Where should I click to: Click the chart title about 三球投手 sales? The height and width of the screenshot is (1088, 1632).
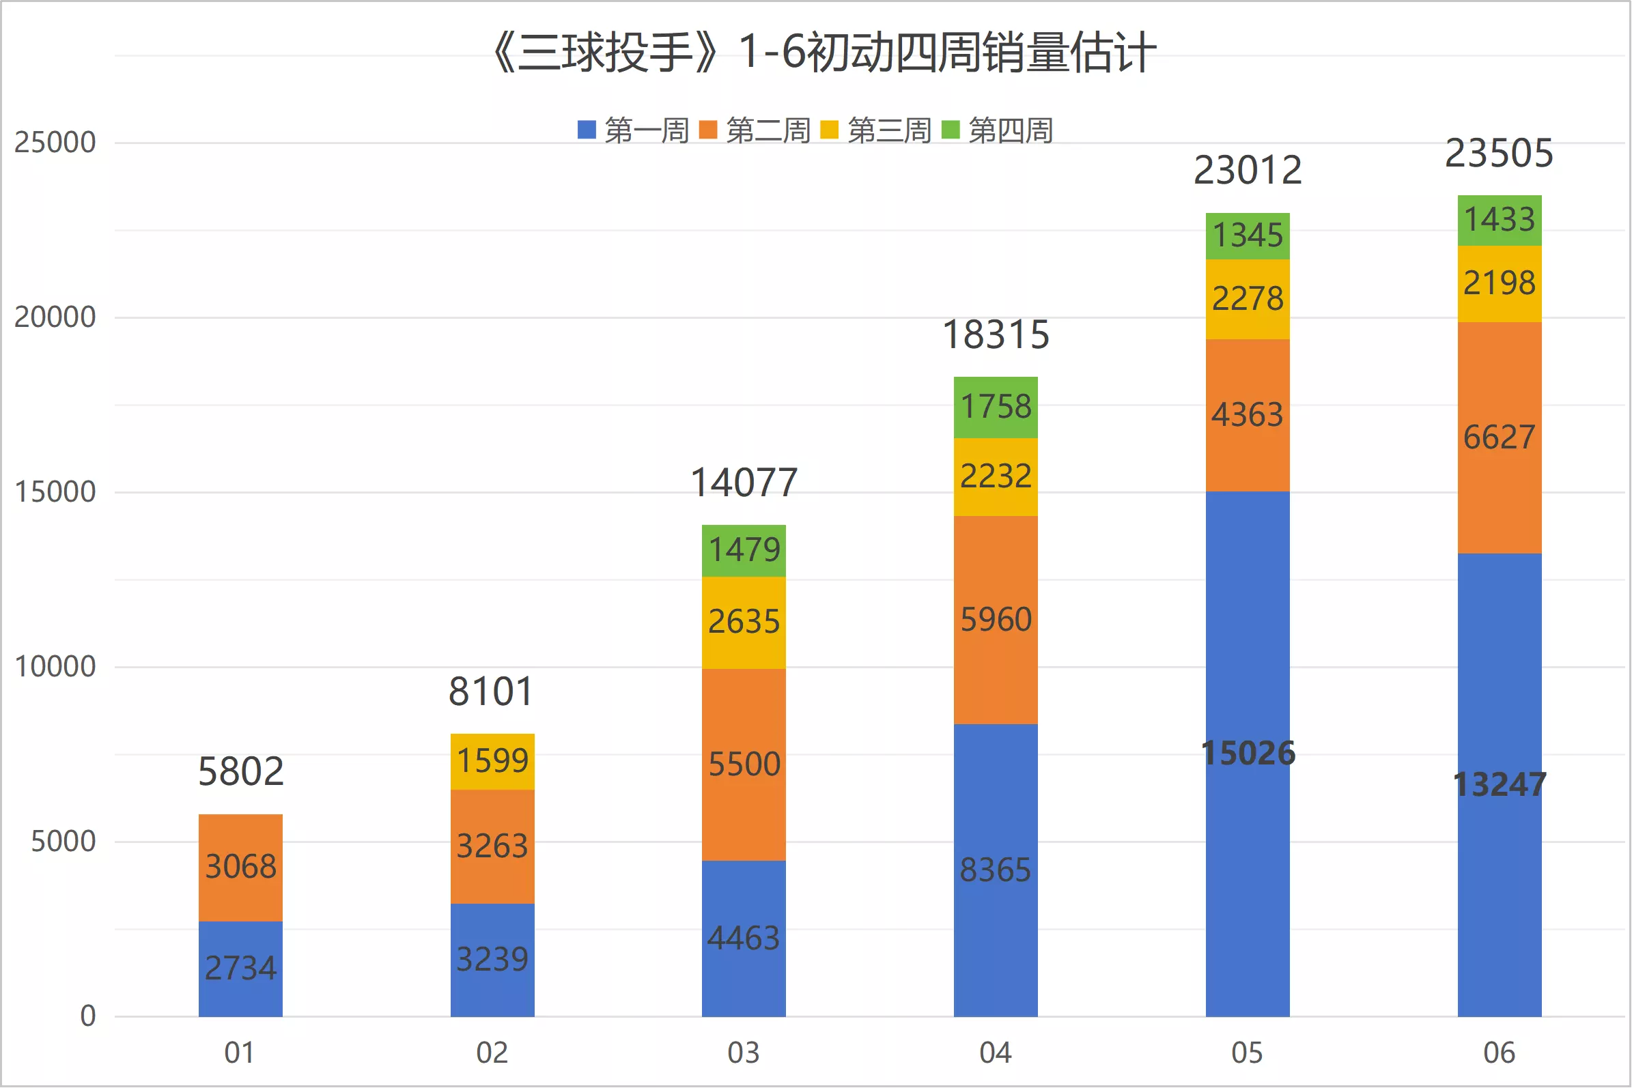click(824, 53)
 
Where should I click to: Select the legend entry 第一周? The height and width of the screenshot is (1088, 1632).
click(633, 130)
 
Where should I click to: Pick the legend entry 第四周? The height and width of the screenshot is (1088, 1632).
click(998, 130)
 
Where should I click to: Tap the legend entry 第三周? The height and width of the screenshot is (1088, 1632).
click(876, 130)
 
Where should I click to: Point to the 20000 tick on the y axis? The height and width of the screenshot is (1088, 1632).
click(55, 317)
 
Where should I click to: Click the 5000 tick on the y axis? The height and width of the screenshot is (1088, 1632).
click(64, 842)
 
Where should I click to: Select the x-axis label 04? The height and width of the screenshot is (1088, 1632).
click(996, 1053)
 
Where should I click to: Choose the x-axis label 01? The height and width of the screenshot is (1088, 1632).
click(240, 1053)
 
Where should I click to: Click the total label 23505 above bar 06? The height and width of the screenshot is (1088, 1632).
click(1500, 153)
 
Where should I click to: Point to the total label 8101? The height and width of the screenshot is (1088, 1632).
click(492, 691)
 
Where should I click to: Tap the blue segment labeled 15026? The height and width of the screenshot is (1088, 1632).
click(1248, 754)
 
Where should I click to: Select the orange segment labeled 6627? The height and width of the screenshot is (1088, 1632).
click(1500, 438)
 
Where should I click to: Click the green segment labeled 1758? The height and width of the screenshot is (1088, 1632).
click(996, 407)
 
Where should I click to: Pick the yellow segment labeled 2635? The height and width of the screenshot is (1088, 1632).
click(744, 622)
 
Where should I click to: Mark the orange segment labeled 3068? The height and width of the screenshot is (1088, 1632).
click(240, 868)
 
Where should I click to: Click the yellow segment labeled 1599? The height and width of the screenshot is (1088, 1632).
click(492, 762)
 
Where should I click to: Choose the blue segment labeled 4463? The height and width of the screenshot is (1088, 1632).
click(744, 939)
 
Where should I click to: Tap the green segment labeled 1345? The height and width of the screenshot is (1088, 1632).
click(1248, 236)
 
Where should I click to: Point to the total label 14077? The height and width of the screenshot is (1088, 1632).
click(744, 483)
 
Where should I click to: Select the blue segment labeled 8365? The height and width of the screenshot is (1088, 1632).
click(996, 871)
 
